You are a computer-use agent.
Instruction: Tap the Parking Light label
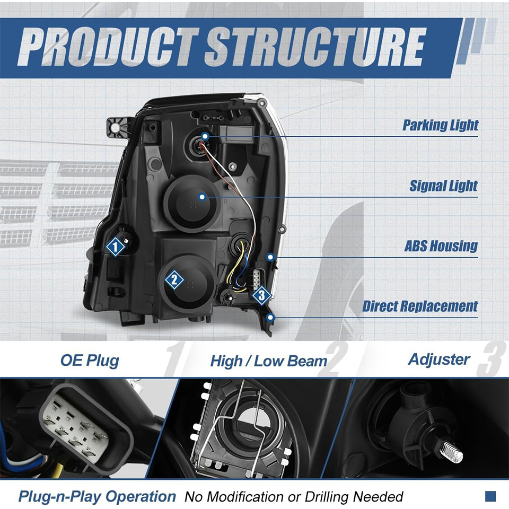click(440, 125)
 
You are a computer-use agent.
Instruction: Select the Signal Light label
click(443, 186)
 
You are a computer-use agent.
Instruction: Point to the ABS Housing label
click(441, 246)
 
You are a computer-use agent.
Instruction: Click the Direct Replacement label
click(420, 306)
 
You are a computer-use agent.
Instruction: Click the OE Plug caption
click(89, 361)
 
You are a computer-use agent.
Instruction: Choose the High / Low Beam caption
click(268, 362)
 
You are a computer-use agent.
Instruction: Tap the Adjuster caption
click(438, 359)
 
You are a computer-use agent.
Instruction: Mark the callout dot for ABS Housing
click(270, 257)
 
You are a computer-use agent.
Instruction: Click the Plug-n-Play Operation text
click(97, 497)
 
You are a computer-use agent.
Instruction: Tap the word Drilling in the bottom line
click(328, 497)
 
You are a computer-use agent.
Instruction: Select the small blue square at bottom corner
click(490, 496)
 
